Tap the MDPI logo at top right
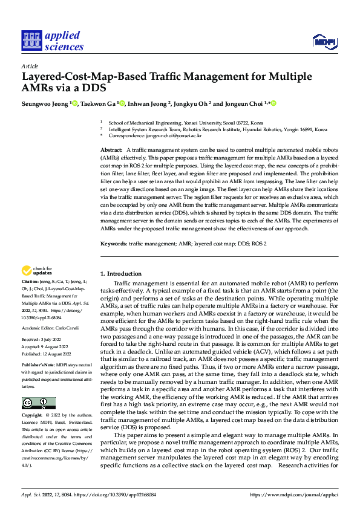pyautogui.click(x=324, y=42)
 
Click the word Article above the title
pyautogui.click(x=29, y=66)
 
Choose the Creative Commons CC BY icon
pyautogui.click(x=38, y=403)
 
